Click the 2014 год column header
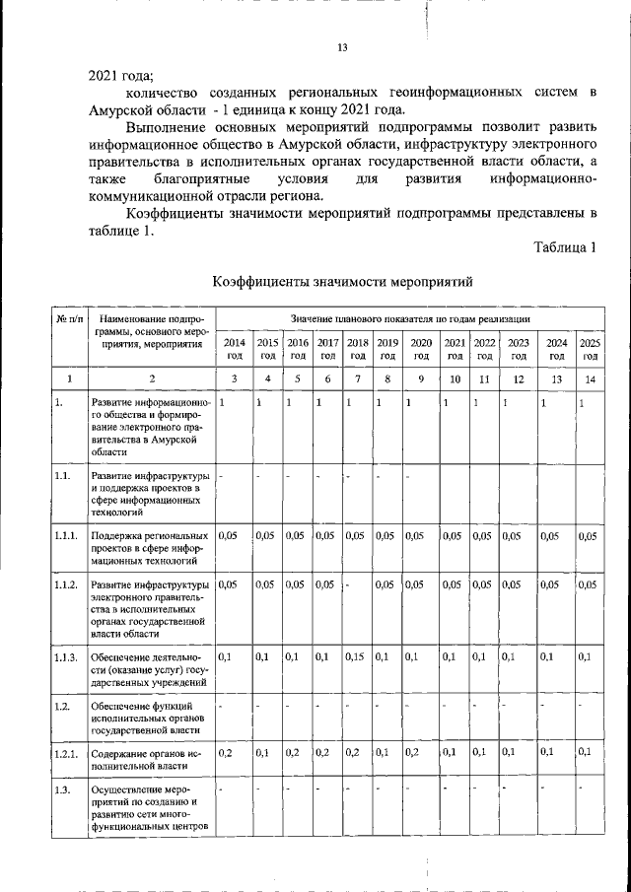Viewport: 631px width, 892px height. pyautogui.click(x=235, y=349)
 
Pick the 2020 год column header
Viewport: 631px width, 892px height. pyautogui.click(x=421, y=349)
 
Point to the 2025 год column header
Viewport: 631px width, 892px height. pyautogui.click(x=590, y=349)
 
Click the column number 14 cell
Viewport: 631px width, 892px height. pyautogui.click(x=590, y=378)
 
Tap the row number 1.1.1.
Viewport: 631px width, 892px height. pyautogui.click(x=66, y=536)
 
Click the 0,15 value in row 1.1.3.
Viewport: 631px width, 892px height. pyautogui.click(x=356, y=656)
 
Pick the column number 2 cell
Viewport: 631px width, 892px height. pyautogui.click(x=151, y=378)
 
